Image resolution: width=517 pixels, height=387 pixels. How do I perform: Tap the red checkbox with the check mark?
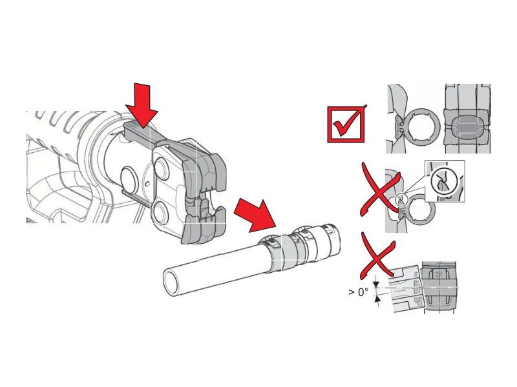click(346, 124)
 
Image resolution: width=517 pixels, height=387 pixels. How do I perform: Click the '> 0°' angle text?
click(359, 292)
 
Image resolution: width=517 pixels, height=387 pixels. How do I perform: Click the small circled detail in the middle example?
click(401, 199)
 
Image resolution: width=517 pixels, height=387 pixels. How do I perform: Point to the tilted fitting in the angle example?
click(405, 288)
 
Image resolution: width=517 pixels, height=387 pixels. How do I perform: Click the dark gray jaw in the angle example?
click(440, 286)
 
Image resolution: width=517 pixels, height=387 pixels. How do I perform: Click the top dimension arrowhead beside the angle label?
click(376, 284)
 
